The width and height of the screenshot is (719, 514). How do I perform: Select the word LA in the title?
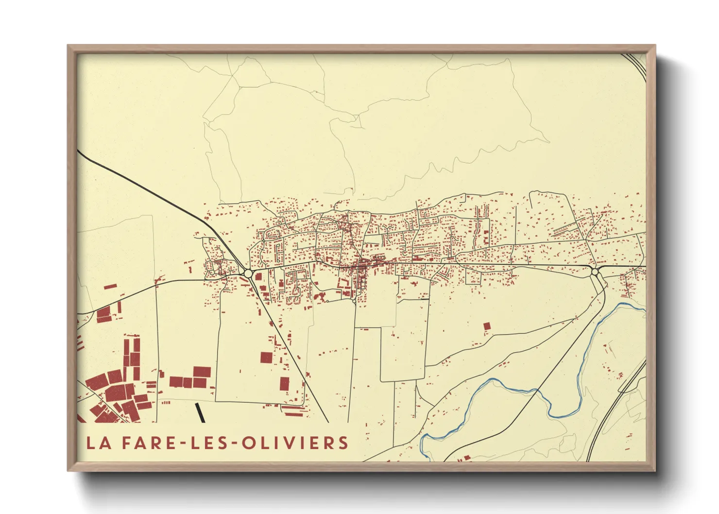tap(97, 443)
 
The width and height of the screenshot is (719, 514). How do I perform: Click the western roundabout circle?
tap(248, 274)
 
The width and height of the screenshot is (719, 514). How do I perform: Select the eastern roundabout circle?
tap(595, 272)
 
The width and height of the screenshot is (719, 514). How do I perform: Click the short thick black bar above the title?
tap(200, 413)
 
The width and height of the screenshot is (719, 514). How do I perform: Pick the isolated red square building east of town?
tap(487, 326)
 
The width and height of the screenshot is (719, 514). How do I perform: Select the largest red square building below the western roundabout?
tap(266, 358)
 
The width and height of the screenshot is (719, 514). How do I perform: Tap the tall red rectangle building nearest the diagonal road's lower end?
tap(284, 384)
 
